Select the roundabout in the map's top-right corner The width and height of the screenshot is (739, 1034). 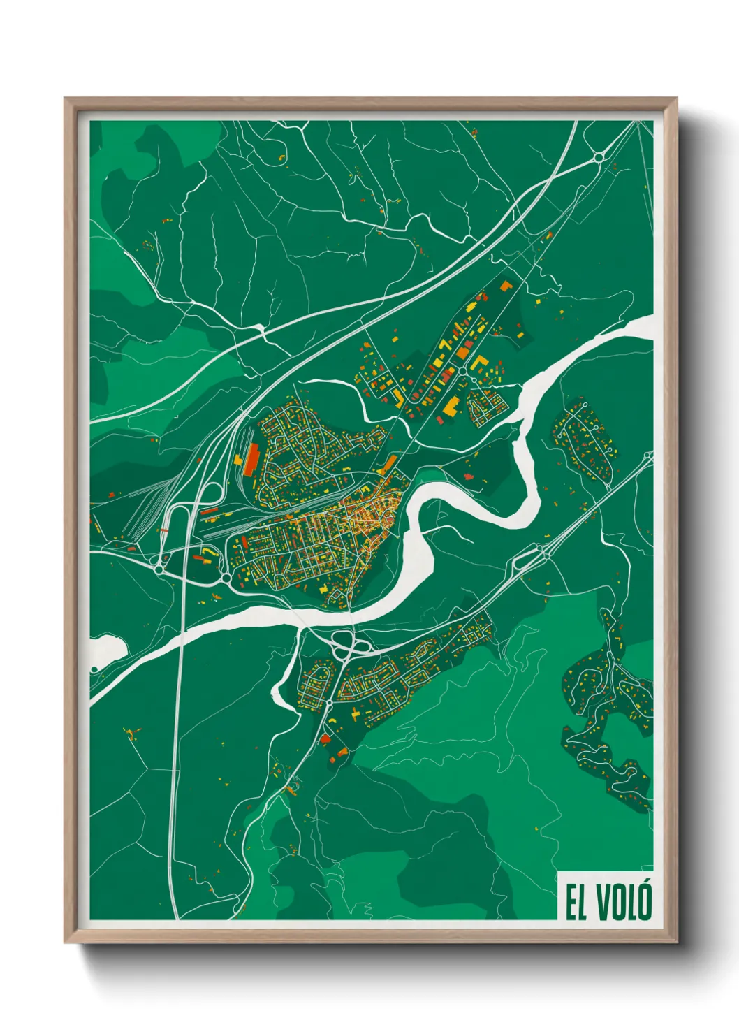pos(599,157)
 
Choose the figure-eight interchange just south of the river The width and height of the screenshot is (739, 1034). pos(344,646)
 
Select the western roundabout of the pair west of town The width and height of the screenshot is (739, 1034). pos(161,570)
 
